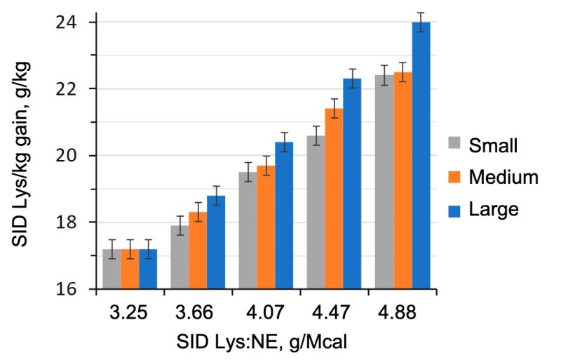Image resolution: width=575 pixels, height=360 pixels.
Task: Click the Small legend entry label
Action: tap(493, 146)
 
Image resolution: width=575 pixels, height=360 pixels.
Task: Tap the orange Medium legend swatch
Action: tap(456, 178)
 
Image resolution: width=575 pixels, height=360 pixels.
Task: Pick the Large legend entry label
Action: tap(494, 209)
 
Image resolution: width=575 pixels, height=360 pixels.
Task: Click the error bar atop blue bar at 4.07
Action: tap(285, 142)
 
